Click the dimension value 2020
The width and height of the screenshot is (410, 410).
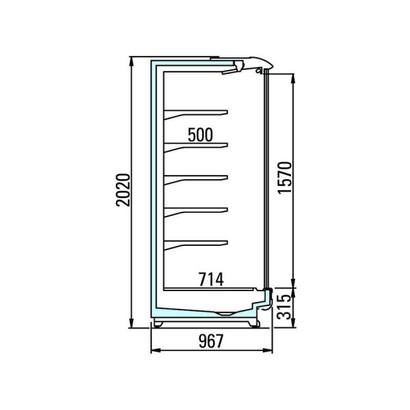[123, 190]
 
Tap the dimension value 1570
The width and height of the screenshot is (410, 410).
[285, 178]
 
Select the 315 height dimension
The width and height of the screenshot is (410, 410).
[284, 307]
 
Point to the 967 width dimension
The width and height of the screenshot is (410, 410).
[211, 341]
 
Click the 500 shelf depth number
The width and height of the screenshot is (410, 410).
[200, 135]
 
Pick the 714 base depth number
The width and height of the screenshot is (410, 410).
[211, 279]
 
